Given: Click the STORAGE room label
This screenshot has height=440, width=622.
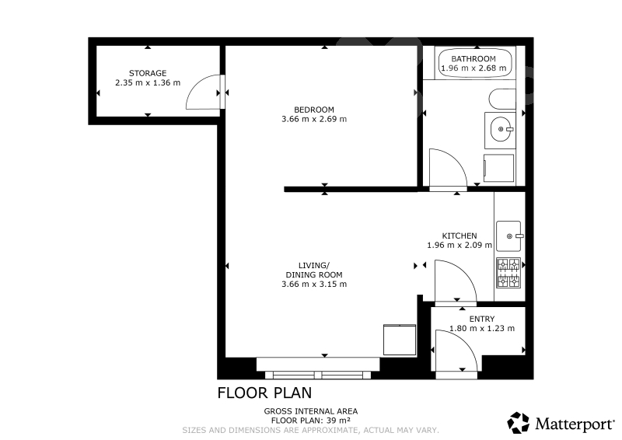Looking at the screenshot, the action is tap(148, 73).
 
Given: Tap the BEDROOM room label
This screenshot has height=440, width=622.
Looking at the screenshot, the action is tap(314, 110).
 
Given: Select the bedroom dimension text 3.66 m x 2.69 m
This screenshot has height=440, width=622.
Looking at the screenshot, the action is tap(314, 119).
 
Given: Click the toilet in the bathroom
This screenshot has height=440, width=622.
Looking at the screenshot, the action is tap(502, 100).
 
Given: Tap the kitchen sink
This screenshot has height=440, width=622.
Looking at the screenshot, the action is tap(508, 236).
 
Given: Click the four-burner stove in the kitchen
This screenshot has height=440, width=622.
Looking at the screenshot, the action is tap(508, 273).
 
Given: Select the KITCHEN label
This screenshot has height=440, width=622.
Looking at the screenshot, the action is tap(460, 236).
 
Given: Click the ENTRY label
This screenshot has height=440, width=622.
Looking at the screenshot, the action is tap(481, 319).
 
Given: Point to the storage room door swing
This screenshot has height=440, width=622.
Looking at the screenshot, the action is tap(203, 92).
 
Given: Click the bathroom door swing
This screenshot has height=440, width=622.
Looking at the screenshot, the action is tap(449, 168).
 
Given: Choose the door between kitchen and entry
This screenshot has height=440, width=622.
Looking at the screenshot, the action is tap(456, 281).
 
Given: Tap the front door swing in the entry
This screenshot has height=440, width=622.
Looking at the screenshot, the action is tap(456, 351).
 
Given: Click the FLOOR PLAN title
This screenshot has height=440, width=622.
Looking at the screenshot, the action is tap(264, 393).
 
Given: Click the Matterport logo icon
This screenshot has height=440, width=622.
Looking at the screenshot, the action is tap(518, 423).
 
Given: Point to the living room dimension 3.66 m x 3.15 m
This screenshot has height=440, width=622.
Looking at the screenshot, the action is tap(314, 284).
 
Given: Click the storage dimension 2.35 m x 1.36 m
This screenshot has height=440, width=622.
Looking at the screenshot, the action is tap(148, 83).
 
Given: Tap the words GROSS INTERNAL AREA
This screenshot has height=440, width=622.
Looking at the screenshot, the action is tap(311, 411).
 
